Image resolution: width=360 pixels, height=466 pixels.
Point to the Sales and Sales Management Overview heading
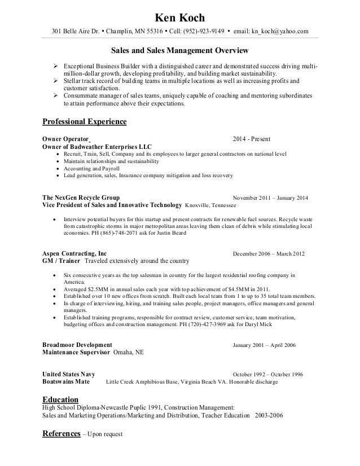pyautogui.click(x=181, y=52)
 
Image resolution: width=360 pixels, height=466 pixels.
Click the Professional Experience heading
pyautogui.click(x=85, y=122)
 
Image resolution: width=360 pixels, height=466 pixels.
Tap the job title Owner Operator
pyautogui.click(x=66, y=138)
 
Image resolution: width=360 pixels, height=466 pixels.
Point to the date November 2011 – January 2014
pyautogui.click(x=269, y=198)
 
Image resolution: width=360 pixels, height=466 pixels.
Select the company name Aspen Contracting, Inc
pyautogui.click(x=74, y=253)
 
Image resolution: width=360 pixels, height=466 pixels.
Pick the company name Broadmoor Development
pyautogui.click(x=77, y=344)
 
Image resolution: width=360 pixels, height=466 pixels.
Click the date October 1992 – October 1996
pyautogui.click(x=268, y=375)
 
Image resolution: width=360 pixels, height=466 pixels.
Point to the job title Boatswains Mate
pyautogui.click(x=67, y=382)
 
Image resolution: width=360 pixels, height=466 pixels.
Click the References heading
pyautogui.click(x=62, y=434)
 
